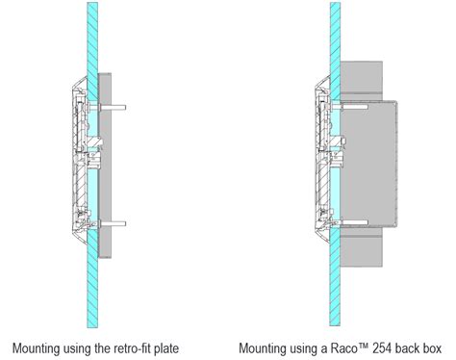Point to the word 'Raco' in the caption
(347, 347)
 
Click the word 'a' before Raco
(327, 347)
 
